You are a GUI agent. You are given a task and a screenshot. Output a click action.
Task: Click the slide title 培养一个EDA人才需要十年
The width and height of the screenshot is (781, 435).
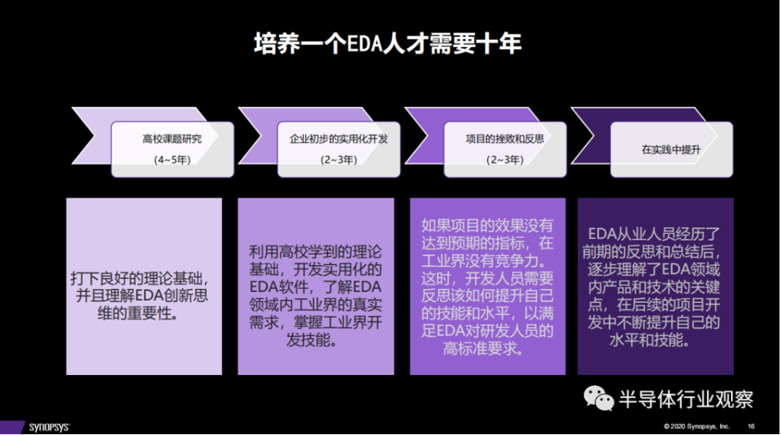click(387, 44)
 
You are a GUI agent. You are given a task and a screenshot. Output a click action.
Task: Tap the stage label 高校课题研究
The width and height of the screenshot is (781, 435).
click(172, 139)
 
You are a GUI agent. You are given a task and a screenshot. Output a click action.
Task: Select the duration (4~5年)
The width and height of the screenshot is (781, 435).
click(172, 160)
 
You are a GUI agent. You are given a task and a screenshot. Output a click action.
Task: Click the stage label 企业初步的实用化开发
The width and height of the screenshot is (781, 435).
click(339, 139)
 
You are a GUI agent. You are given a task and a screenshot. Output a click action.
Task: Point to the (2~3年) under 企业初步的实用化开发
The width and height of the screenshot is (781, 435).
click(339, 160)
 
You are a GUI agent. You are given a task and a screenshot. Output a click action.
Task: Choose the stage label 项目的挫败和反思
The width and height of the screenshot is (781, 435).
click(504, 139)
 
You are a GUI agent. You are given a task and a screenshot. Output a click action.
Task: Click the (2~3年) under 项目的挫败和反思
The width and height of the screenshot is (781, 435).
click(504, 160)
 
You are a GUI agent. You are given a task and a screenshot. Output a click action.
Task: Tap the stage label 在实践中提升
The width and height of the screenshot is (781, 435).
click(671, 149)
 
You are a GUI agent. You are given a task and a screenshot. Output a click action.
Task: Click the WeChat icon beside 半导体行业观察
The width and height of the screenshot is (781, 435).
click(599, 399)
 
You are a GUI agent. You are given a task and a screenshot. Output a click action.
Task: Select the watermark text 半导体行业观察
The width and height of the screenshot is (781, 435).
click(686, 399)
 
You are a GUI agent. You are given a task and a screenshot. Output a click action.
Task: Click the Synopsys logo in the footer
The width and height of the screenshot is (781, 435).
click(49, 427)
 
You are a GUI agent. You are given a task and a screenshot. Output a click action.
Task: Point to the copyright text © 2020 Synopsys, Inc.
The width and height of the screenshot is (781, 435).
click(696, 426)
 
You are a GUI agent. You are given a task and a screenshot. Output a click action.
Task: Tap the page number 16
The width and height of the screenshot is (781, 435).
click(751, 426)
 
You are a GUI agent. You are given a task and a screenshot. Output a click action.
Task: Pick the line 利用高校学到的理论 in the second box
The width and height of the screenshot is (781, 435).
click(315, 251)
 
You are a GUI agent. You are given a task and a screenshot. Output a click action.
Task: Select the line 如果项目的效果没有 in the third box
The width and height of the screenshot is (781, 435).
click(487, 225)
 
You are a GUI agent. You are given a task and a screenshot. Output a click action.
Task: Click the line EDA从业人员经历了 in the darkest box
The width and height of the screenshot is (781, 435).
click(654, 234)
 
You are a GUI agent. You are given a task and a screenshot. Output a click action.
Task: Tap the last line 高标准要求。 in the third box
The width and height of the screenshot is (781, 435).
click(484, 348)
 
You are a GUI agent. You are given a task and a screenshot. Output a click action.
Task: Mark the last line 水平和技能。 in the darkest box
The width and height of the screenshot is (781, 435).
click(650, 340)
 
